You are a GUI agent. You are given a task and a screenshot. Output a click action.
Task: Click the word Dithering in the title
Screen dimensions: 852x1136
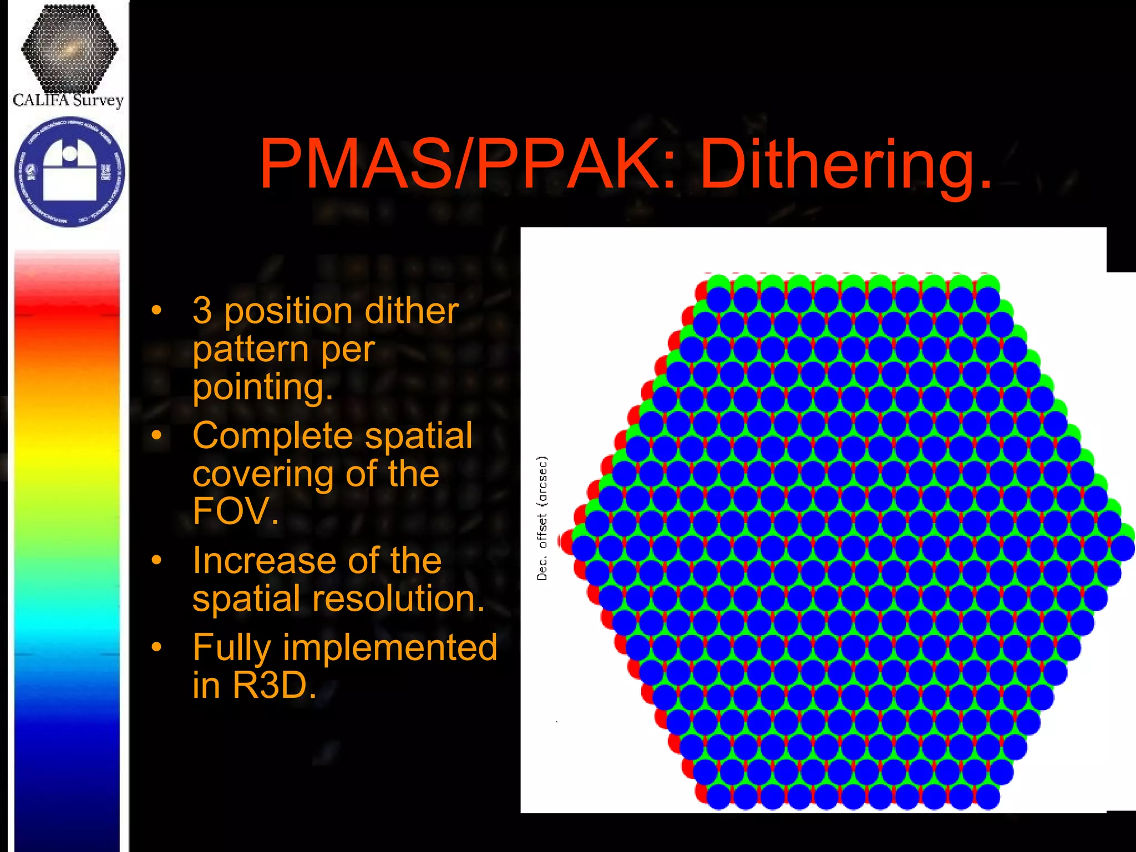click(x=846, y=165)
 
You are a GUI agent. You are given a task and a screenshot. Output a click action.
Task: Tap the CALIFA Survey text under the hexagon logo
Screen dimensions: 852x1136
click(x=68, y=100)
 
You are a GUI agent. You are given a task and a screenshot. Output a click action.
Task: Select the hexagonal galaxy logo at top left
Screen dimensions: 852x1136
click(x=69, y=49)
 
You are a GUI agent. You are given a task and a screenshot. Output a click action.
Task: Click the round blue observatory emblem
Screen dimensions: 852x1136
click(x=70, y=171)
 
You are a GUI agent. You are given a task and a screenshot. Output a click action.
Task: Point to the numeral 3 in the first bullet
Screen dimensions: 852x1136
click(x=202, y=311)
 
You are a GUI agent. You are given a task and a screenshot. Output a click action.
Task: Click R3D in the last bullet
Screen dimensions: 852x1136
click(x=274, y=685)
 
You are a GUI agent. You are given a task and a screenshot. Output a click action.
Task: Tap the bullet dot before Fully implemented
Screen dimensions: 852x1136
click(x=157, y=646)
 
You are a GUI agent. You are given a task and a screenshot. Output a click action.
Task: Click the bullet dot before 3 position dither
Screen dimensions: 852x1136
click(x=157, y=310)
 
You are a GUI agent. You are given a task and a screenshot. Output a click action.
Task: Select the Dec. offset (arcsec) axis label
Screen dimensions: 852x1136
click(x=542, y=518)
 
